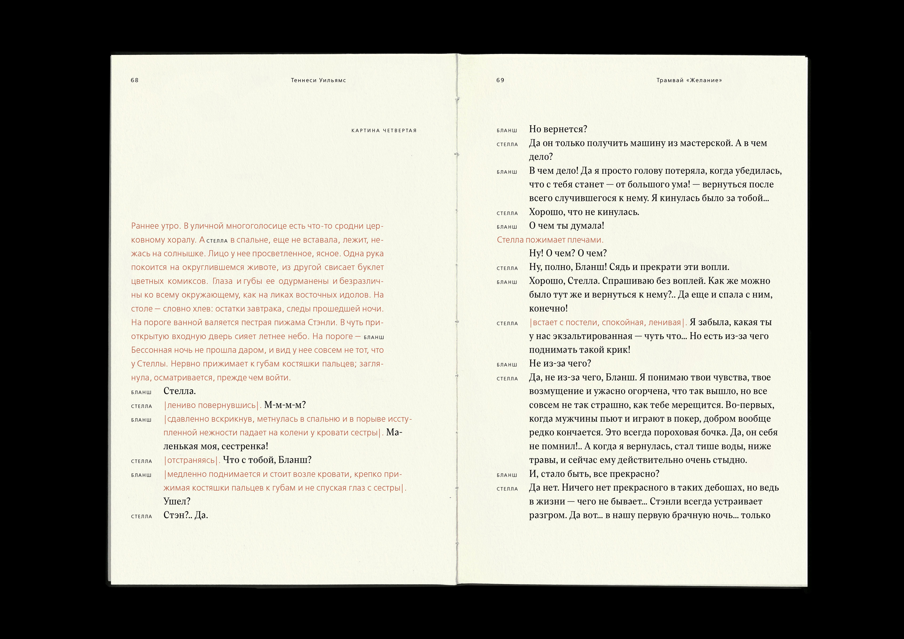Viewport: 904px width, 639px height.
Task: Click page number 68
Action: (135, 80)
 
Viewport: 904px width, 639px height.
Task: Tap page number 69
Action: (500, 80)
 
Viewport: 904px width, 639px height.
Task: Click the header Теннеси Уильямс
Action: (318, 80)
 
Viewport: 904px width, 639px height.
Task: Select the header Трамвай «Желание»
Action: (689, 80)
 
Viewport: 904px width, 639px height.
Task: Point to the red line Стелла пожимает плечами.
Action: (550, 240)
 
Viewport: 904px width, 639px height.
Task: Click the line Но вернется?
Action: (558, 129)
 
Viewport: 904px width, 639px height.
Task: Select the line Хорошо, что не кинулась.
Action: (584, 212)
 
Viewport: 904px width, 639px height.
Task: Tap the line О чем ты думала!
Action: (566, 226)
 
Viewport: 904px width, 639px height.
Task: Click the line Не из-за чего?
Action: (560, 364)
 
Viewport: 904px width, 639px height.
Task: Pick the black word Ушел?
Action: (177, 501)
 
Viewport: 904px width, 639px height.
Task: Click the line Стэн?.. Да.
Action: (185, 515)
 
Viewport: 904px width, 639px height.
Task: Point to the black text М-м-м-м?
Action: (285, 405)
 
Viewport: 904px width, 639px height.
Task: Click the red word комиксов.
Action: (187, 281)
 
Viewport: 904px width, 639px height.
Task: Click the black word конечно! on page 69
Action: (548, 308)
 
